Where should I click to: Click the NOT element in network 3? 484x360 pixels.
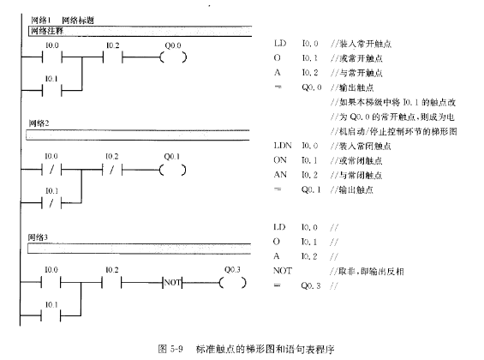pos(172,283)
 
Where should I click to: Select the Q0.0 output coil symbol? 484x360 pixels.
pos(173,57)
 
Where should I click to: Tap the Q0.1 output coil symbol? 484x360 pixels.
pos(172,170)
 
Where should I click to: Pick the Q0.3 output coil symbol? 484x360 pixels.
pos(233,283)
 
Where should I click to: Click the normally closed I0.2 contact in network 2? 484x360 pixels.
pos(112,170)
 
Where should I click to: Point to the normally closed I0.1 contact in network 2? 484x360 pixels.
pos(51,203)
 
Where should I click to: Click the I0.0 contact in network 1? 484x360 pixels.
pos(52,57)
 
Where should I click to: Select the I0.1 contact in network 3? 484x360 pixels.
pos(51,315)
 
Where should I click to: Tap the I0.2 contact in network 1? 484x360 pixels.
pos(113,57)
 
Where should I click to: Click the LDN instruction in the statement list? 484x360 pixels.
pos(283,146)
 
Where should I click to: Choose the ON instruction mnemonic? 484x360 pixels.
pos(280,160)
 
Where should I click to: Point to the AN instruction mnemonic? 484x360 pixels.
pos(280,175)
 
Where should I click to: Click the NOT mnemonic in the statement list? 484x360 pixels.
pos(283,271)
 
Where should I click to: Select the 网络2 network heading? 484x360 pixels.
pos(39,123)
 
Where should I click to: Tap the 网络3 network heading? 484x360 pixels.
pos(38,237)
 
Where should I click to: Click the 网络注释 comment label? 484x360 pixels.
pos(47,31)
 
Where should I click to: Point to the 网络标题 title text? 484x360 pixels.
pos(78,21)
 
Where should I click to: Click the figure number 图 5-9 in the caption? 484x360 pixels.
pos(170,349)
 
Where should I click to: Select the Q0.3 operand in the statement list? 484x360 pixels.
pos(311,285)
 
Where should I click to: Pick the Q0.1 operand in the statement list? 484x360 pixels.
pos(311,189)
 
